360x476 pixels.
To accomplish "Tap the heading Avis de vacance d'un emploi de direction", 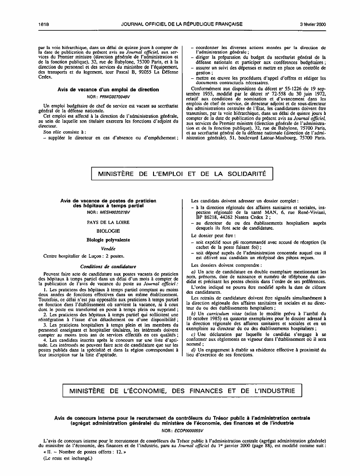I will click(108, 89).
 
